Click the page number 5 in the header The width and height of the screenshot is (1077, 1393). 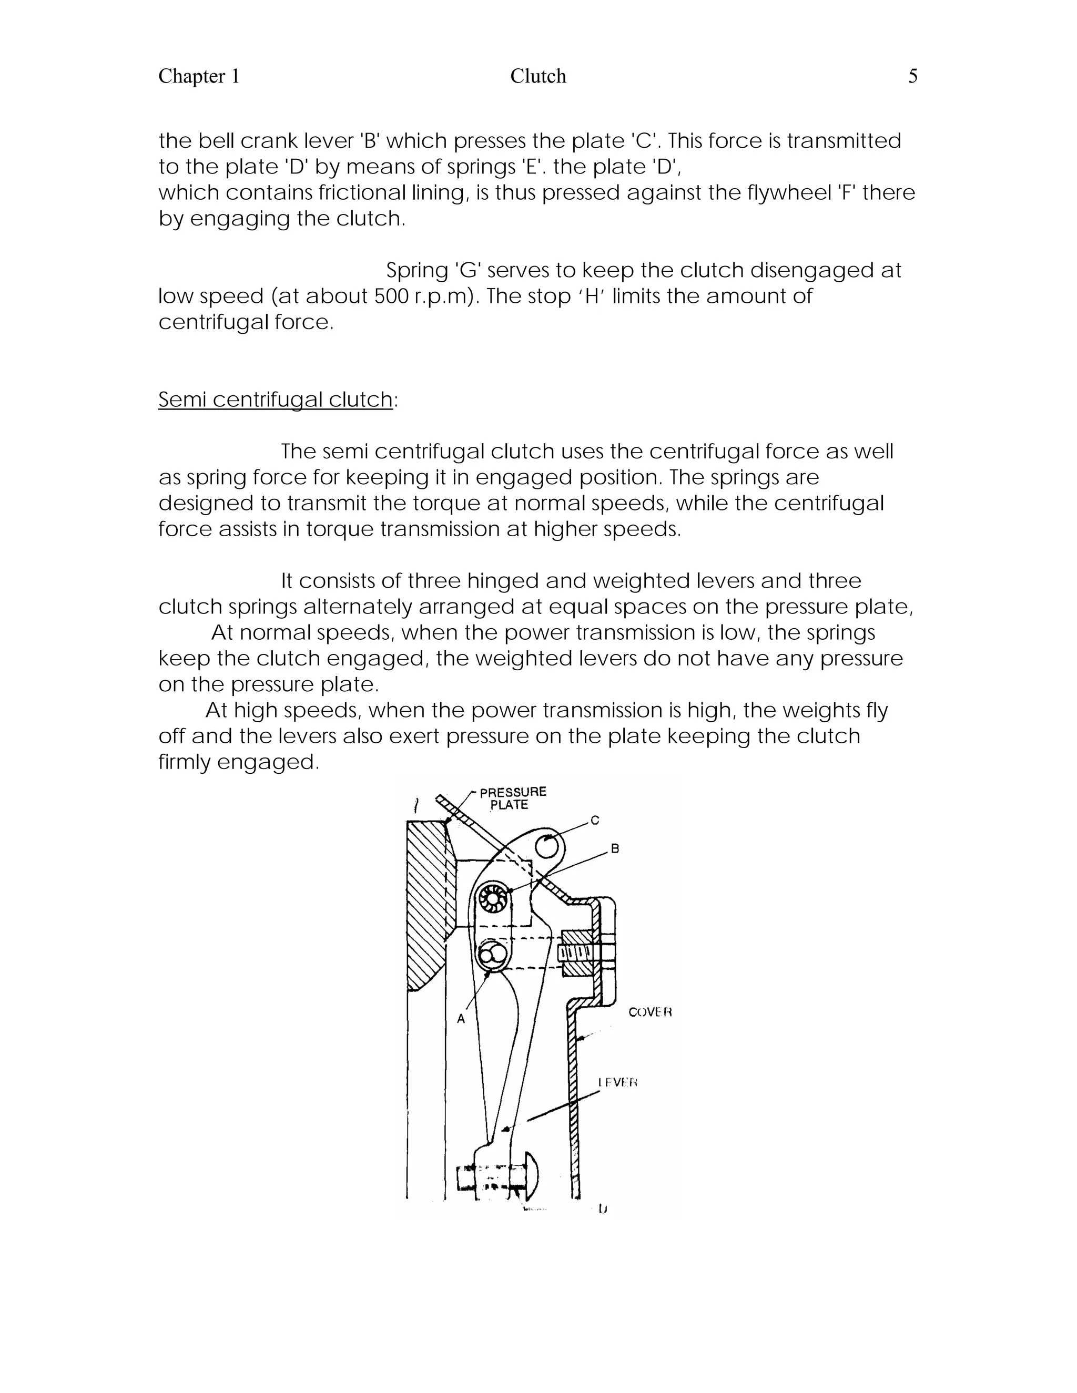pyautogui.click(x=912, y=77)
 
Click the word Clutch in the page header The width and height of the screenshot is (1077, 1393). pyautogui.click(x=538, y=77)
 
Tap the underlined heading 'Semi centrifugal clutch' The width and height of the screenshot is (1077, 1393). pyautogui.click(x=276, y=400)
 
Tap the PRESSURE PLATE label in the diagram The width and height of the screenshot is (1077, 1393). pyautogui.click(x=512, y=798)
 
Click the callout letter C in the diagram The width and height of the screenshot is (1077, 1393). pyautogui.click(x=595, y=821)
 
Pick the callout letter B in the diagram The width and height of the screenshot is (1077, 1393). pyautogui.click(x=615, y=849)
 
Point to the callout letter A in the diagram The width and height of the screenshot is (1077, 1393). pyautogui.click(x=461, y=1019)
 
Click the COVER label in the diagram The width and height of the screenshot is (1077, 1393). pyautogui.click(x=649, y=1012)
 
